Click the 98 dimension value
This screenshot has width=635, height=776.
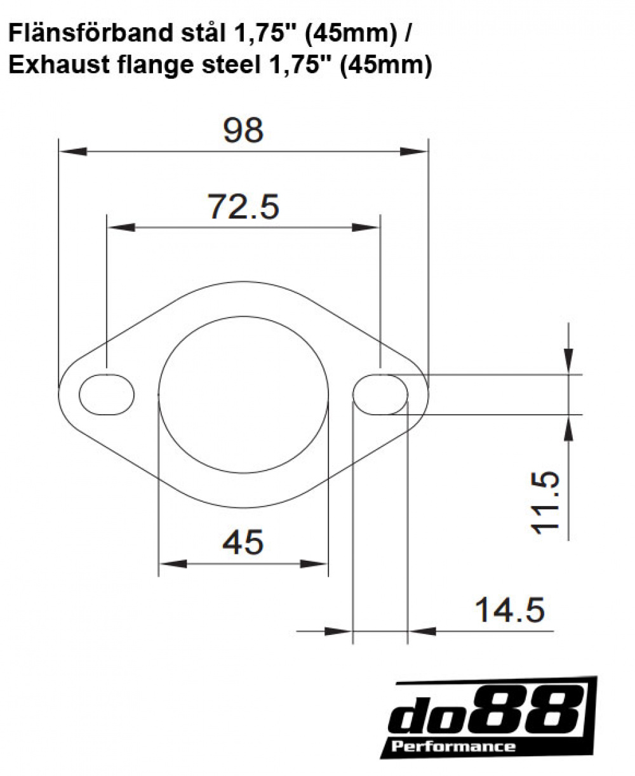243,130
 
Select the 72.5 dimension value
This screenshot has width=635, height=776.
243,206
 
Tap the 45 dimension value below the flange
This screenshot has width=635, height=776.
243,543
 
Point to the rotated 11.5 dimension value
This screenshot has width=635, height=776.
547,502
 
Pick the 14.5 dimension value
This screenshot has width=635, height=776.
509,611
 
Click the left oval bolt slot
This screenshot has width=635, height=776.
107,395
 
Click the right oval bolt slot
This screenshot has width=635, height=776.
380,395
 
